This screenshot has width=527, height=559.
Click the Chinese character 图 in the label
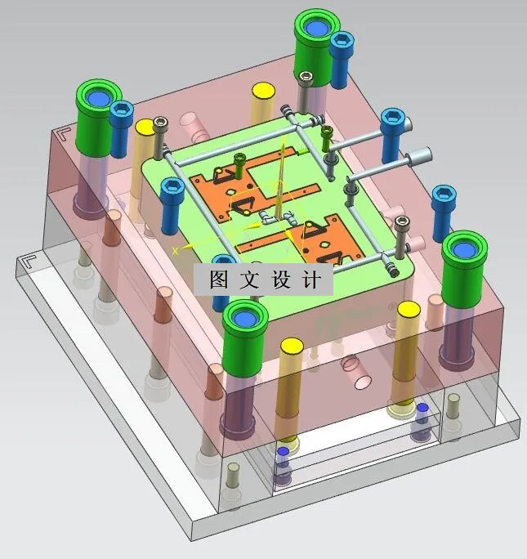click(x=219, y=280)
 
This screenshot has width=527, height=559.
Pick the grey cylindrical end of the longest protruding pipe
click(x=422, y=154)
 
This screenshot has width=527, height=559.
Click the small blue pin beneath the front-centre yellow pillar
click(x=283, y=451)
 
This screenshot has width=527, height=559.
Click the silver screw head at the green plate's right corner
click(x=400, y=221)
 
